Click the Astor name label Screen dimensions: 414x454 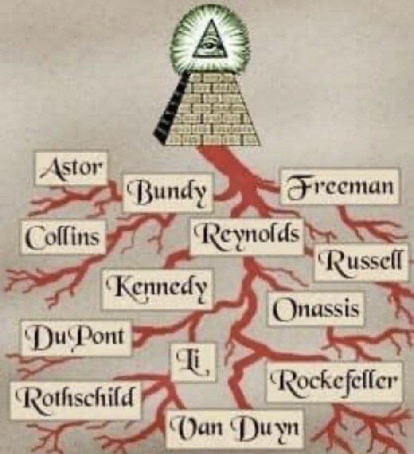coord(71,168)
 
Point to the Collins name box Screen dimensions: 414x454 coord(63,237)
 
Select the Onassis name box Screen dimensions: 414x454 coord(316,309)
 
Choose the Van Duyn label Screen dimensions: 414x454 coord(234,428)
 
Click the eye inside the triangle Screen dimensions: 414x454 coord(210,45)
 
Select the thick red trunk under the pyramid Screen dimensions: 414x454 coord(224,164)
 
